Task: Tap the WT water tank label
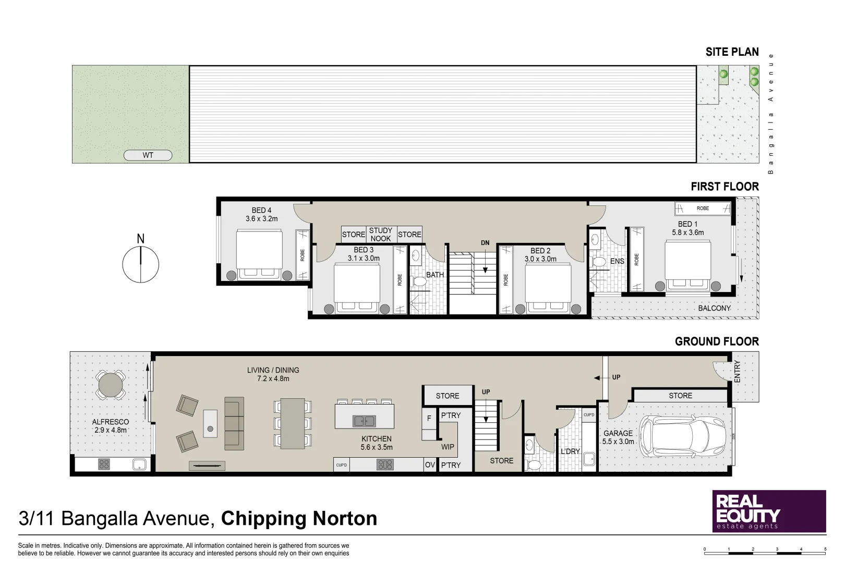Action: click(x=148, y=155)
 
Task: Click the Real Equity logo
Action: click(x=769, y=511)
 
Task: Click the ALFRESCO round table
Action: click(x=111, y=385)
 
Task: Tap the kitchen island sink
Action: click(x=364, y=421)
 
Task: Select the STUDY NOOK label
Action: click(x=381, y=234)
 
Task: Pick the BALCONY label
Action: click(x=714, y=308)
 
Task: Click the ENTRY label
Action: click(x=737, y=372)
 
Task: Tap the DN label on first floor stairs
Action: click(x=485, y=243)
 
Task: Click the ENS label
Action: click(x=617, y=261)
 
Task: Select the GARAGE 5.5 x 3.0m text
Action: click(x=618, y=437)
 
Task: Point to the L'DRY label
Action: click(x=570, y=451)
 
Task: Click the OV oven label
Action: click(x=430, y=465)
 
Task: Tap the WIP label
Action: click(x=448, y=447)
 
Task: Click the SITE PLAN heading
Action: click(x=732, y=52)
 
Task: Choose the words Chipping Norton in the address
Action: click(x=299, y=519)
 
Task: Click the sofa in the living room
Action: click(x=234, y=423)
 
